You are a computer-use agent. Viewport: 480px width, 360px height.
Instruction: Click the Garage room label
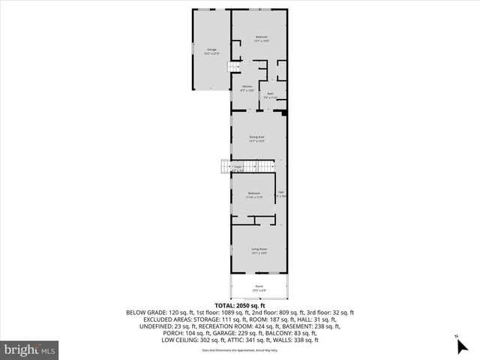211,49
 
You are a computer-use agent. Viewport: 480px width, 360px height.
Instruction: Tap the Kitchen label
247,86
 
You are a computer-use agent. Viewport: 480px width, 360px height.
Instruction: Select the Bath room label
270,94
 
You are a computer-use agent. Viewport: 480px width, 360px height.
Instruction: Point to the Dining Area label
258,136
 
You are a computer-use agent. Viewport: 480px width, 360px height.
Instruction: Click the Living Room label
259,249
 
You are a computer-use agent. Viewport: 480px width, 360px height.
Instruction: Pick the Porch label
259,286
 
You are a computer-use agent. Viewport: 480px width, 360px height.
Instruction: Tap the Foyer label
238,166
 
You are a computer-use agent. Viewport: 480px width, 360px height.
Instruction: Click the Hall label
280,193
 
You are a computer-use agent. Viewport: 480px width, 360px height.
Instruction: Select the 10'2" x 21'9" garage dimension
211,53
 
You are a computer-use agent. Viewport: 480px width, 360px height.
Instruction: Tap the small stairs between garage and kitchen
232,68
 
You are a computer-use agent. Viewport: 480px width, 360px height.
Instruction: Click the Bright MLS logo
29,349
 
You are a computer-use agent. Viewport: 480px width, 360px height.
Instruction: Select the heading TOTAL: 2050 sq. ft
240,306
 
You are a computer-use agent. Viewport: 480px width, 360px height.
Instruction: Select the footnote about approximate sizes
239,349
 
